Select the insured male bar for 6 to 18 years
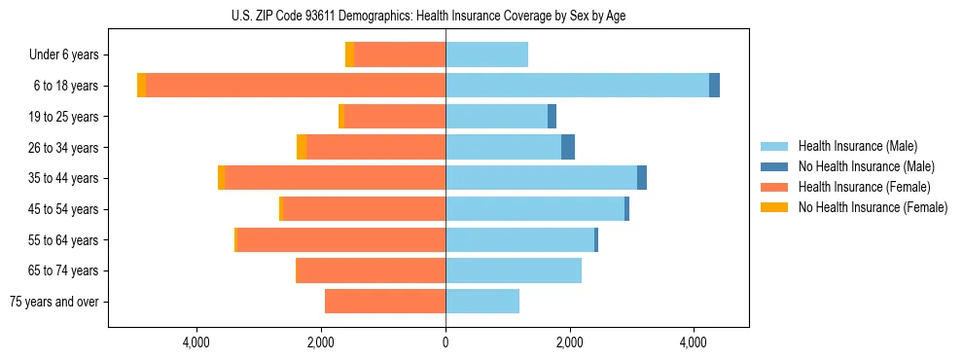point(577,86)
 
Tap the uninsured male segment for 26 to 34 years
point(568,147)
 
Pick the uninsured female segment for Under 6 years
point(349,55)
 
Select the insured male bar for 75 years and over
point(482,302)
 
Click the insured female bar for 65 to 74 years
point(371,270)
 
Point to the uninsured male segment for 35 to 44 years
point(642,178)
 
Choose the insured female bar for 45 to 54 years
point(364,209)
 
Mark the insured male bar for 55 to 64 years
point(519,239)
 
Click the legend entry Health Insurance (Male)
point(857,146)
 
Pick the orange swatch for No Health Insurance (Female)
point(774,207)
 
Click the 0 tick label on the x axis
point(446,342)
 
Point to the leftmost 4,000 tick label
point(196,342)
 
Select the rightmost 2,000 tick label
point(569,342)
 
